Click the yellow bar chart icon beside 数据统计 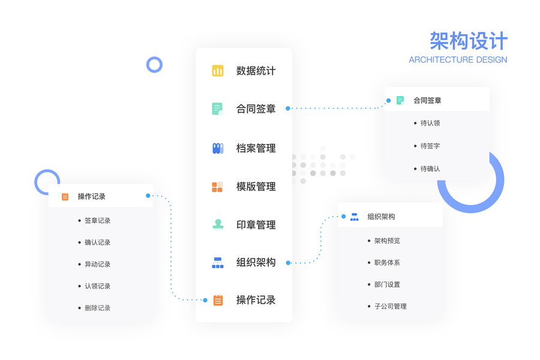(x=218, y=71)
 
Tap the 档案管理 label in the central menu (x=256, y=148)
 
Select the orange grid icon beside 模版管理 (x=218, y=187)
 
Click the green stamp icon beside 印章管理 (x=218, y=224)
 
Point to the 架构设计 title (x=469, y=41)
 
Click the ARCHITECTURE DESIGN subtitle (x=458, y=60)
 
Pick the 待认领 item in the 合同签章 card (x=430, y=123)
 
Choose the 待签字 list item (x=430, y=146)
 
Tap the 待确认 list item (x=430, y=169)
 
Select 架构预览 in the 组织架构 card (x=387, y=241)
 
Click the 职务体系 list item (x=387, y=263)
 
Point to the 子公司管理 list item (x=391, y=306)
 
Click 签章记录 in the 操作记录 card (x=97, y=221)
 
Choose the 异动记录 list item (x=97, y=264)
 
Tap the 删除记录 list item (x=97, y=308)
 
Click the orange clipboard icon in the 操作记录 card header (x=65, y=196)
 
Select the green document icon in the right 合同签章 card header (x=400, y=100)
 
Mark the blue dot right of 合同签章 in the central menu (x=288, y=109)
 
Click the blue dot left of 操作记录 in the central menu (x=205, y=300)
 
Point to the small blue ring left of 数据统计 (x=154, y=65)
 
